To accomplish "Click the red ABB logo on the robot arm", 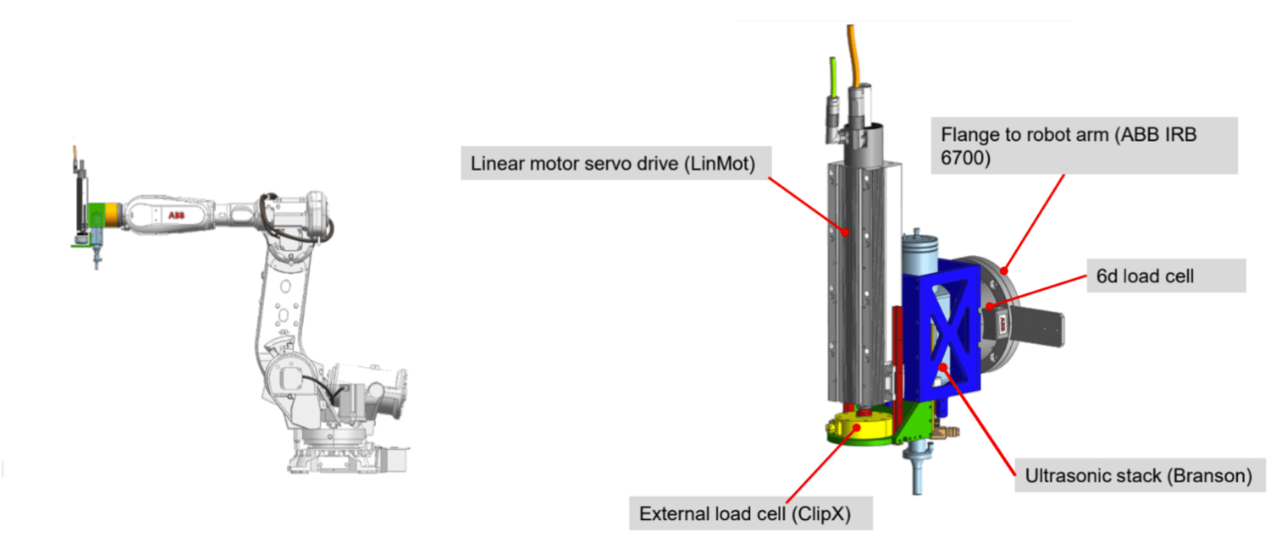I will tap(177, 215).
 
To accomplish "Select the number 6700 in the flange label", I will tap(965, 158).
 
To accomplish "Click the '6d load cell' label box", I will tap(1166, 276).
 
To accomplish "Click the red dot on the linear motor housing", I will tap(846, 232).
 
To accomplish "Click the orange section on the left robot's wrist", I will tap(112, 215).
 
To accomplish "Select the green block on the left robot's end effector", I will tap(96, 215).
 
